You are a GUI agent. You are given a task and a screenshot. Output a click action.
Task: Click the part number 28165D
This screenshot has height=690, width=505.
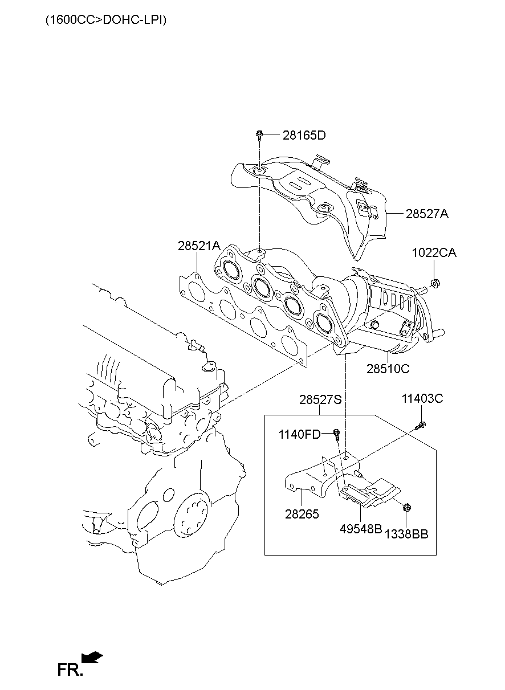point(304,136)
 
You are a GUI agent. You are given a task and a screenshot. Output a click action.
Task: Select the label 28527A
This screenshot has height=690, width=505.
point(427,214)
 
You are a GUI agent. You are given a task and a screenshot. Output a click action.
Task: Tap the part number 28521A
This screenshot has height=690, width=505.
point(198,246)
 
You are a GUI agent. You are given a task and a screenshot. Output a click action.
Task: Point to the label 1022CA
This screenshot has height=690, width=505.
point(434,253)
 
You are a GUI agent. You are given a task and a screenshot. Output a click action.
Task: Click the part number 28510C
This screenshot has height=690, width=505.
point(388,369)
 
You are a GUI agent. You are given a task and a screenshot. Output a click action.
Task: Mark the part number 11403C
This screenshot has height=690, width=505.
point(422,399)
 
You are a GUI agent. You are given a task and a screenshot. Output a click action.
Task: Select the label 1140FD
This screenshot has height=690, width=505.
point(299,435)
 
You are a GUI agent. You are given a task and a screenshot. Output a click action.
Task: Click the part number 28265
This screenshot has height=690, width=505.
point(302,514)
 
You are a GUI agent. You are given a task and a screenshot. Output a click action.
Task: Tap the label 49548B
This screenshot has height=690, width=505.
point(361,528)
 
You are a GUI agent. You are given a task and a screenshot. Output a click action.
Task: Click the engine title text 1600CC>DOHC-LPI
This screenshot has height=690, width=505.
point(106,20)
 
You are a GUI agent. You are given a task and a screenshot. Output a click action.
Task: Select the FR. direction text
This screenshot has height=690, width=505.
point(70,670)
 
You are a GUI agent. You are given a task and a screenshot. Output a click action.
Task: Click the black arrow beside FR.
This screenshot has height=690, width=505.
point(92,658)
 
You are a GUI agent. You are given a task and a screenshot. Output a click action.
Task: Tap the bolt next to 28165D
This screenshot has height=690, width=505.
point(259,136)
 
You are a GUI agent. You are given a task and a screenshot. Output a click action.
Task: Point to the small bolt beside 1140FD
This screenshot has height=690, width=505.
point(337,434)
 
